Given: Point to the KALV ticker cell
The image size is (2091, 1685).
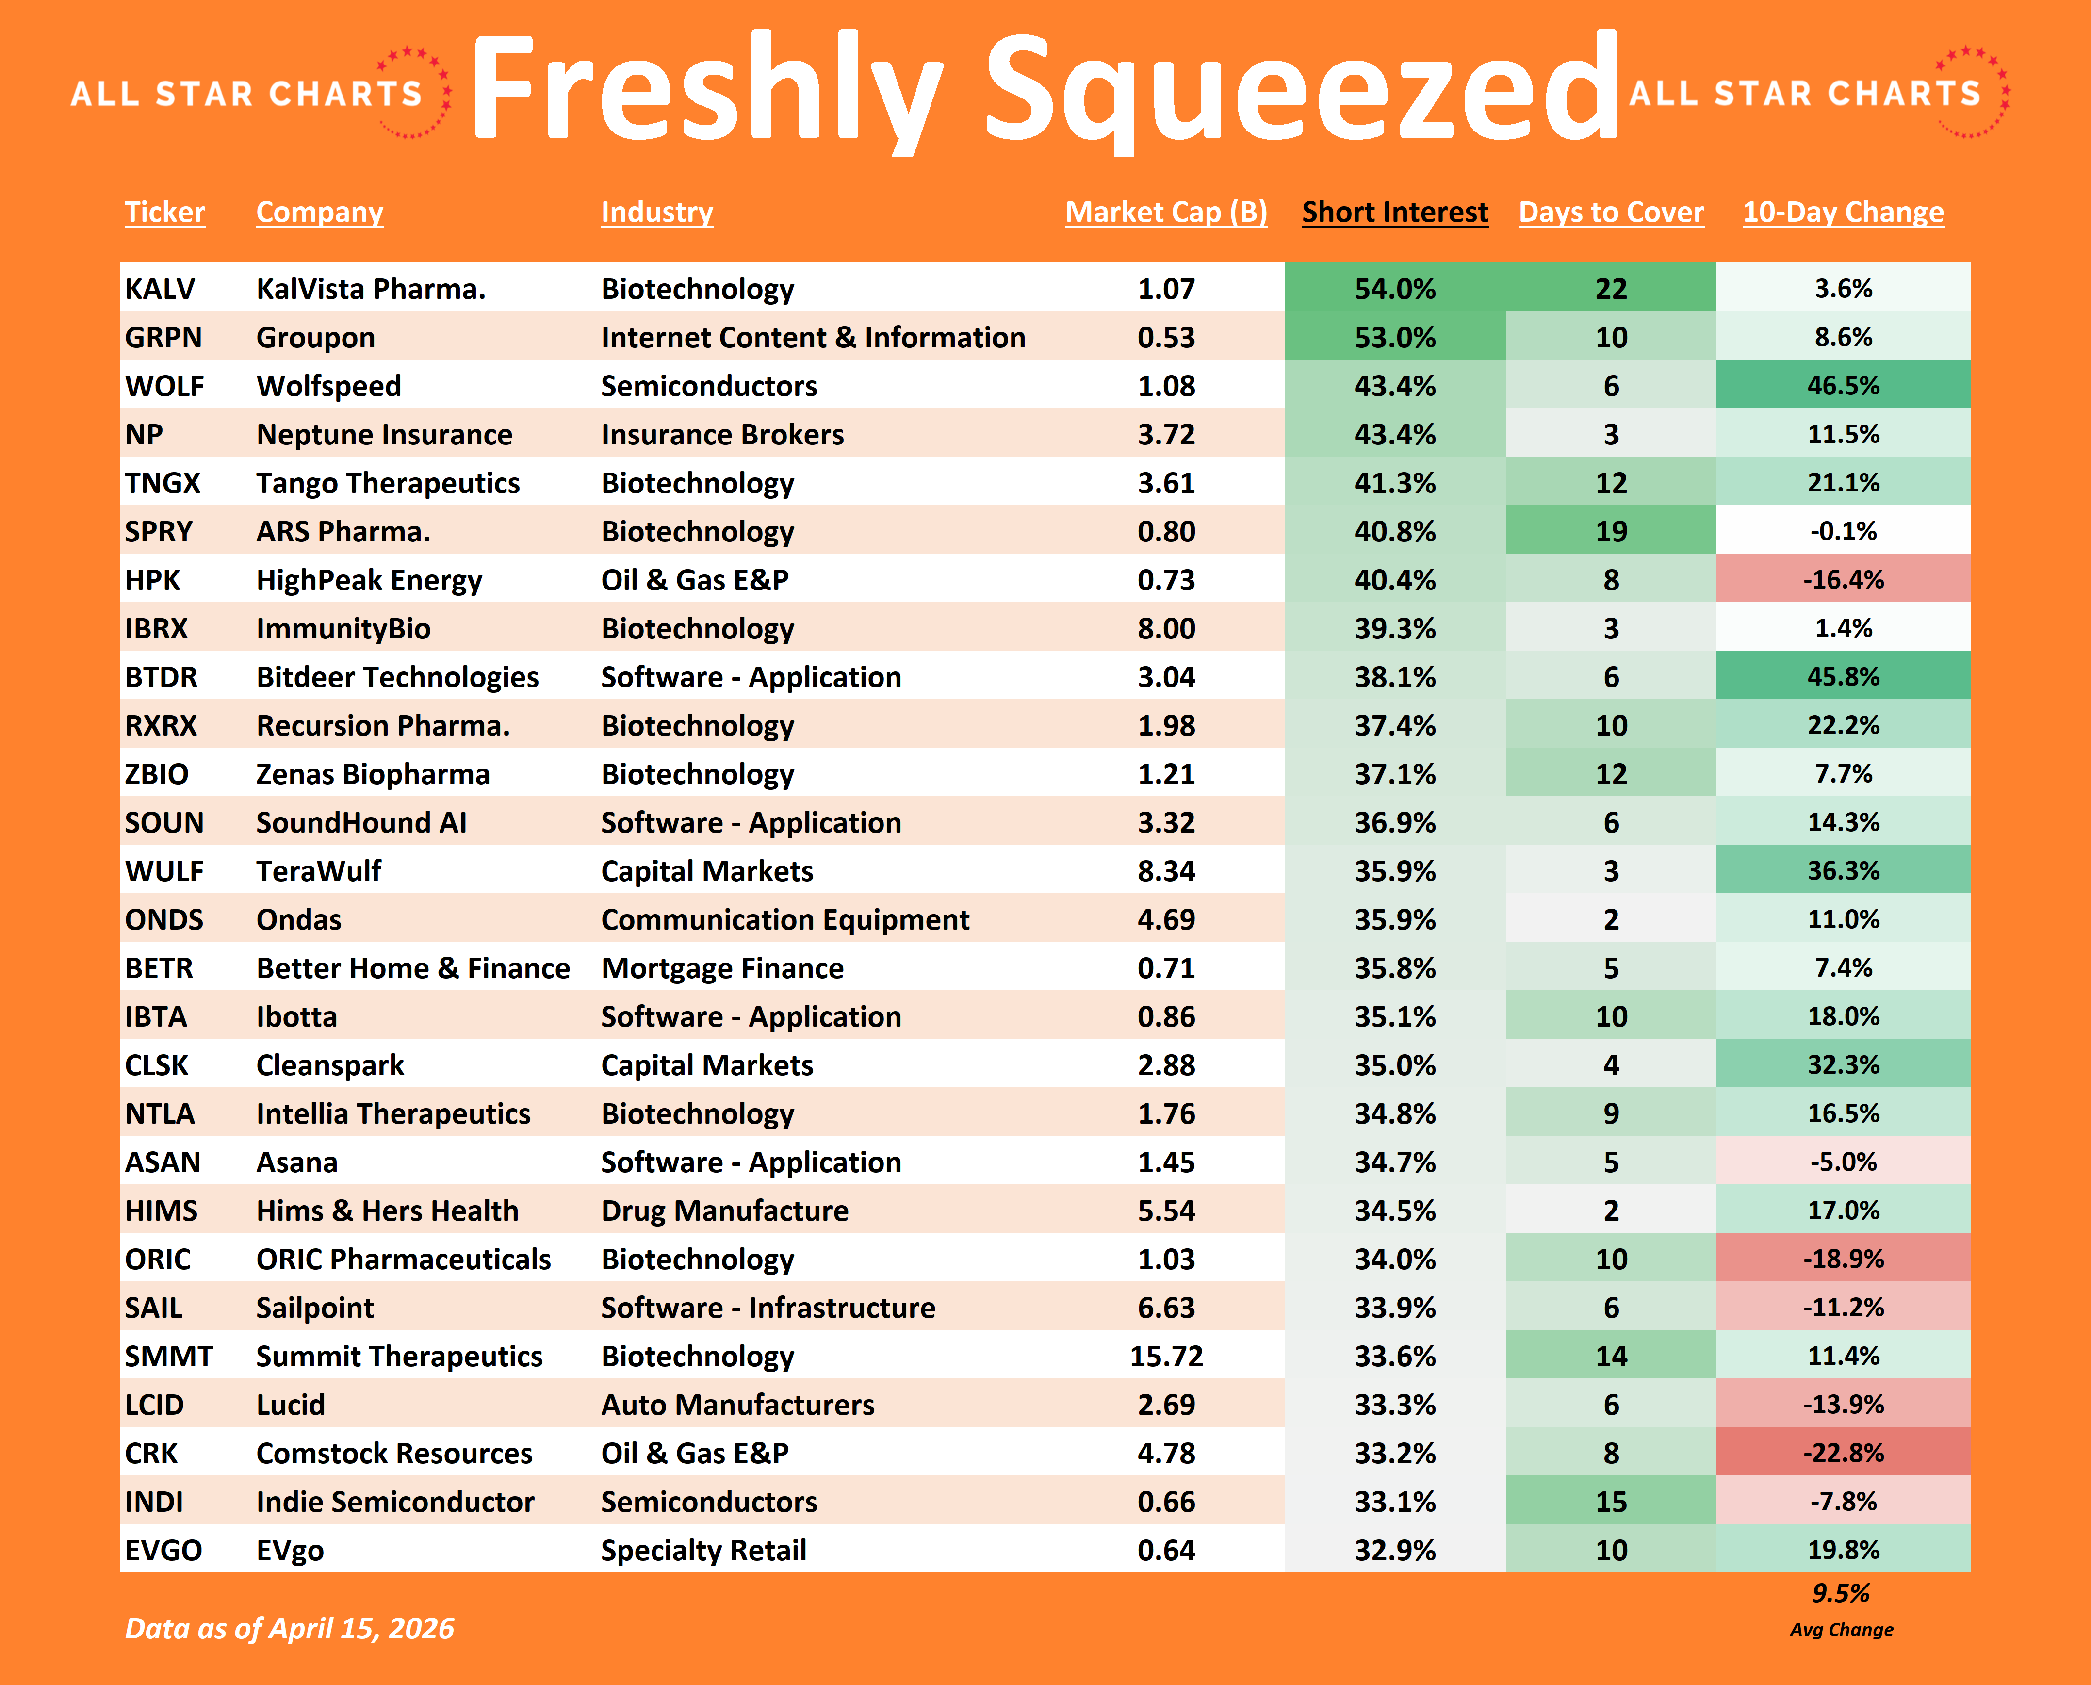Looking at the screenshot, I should pyautogui.click(x=160, y=288).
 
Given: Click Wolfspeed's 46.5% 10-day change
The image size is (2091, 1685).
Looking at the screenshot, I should pyautogui.click(x=1843, y=385).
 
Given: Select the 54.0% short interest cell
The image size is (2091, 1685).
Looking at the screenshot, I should pyautogui.click(x=1394, y=288).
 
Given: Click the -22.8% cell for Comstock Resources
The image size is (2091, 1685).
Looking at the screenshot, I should pyautogui.click(x=1843, y=1453).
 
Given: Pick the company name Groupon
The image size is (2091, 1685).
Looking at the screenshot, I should pyautogui.click(x=315, y=337).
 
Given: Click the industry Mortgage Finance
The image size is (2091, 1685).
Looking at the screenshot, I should pyautogui.click(x=722, y=968).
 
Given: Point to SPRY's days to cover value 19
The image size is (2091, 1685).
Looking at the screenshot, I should pyautogui.click(x=1611, y=531).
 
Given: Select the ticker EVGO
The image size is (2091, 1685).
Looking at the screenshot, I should pyautogui.click(x=163, y=1550).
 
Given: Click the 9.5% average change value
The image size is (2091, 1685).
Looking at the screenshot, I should pyautogui.click(x=1841, y=1593).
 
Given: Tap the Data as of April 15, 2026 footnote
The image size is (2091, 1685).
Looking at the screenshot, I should pyautogui.click(x=289, y=1628).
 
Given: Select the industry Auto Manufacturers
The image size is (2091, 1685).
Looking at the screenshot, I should pyautogui.click(x=737, y=1405).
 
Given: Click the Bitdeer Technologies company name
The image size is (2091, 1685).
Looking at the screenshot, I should pyautogui.click(x=397, y=676).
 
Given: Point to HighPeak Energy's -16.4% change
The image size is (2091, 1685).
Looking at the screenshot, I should pyautogui.click(x=1843, y=579).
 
